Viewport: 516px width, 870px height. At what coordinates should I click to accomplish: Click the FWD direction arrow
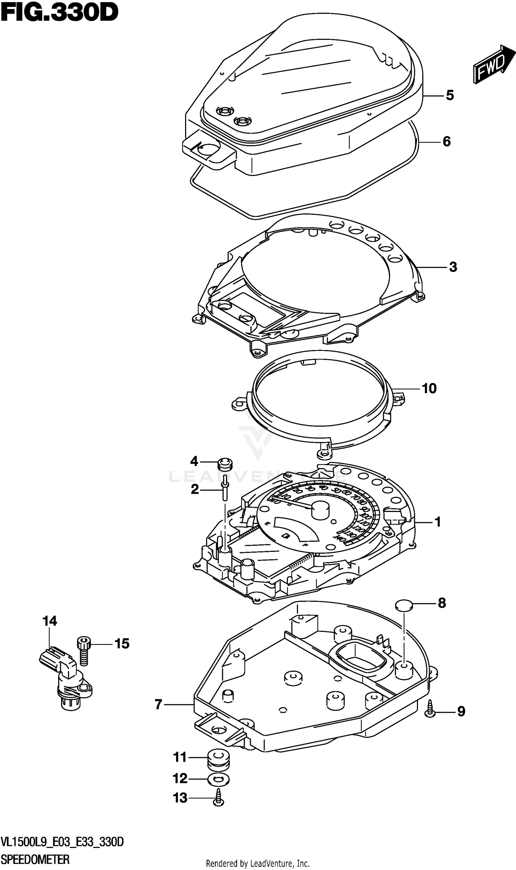coord(493,65)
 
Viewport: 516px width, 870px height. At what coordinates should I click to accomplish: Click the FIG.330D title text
coord(60,12)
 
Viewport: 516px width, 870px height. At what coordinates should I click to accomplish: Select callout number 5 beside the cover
coord(450,95)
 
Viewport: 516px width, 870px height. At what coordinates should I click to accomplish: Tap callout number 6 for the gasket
coord(447,141)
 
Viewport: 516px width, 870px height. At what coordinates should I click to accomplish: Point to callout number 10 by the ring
coord(429,388)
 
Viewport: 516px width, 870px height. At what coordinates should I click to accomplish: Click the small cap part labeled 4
coord(225,464)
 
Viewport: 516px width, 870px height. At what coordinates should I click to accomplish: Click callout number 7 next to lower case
coord(159,705)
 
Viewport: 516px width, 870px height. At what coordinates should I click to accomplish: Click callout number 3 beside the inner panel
coord(453,267)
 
